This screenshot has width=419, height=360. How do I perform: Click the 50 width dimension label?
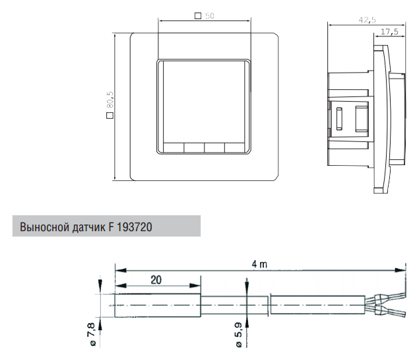210,16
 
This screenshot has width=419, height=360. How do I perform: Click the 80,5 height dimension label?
110,100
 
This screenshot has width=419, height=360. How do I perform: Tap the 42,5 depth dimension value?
367,20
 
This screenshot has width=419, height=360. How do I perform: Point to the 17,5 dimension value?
389,32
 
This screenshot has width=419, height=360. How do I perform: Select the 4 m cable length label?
259,264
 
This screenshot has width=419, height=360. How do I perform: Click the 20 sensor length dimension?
156,280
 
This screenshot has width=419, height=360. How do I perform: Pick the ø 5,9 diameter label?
238,335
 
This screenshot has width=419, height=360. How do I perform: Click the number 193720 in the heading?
135,227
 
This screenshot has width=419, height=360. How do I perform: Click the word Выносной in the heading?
45,227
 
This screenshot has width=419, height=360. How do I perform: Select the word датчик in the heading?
88,227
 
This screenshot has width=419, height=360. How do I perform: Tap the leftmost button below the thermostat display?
174,148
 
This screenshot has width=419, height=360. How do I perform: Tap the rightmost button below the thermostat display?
235,148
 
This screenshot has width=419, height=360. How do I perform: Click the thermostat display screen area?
204,102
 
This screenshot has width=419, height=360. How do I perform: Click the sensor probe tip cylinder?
158,305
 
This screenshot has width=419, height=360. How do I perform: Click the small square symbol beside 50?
198,16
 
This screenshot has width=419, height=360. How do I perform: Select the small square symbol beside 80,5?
110,116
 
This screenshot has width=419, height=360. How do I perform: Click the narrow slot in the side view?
339,119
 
